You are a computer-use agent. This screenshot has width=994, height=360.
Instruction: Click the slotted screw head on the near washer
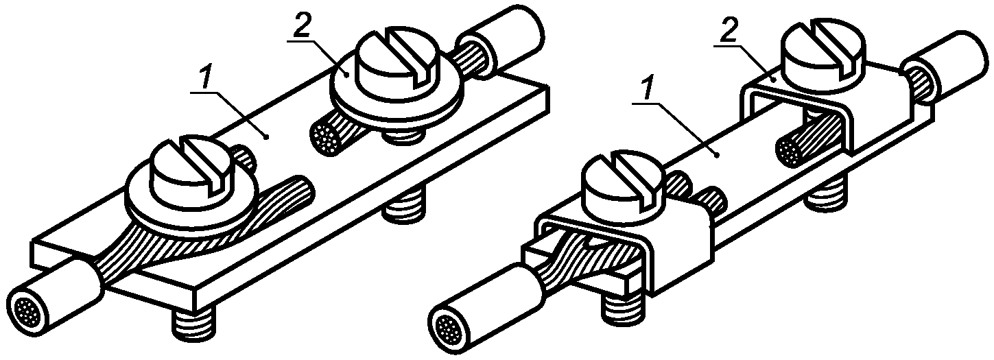click(x=191, y=166)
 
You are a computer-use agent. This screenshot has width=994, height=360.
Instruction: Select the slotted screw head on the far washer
click(x=399, y=58)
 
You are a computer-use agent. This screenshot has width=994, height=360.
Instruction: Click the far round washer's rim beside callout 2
click(x=397, y=95)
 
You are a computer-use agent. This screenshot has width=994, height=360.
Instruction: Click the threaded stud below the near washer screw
click(x=194, y=322)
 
